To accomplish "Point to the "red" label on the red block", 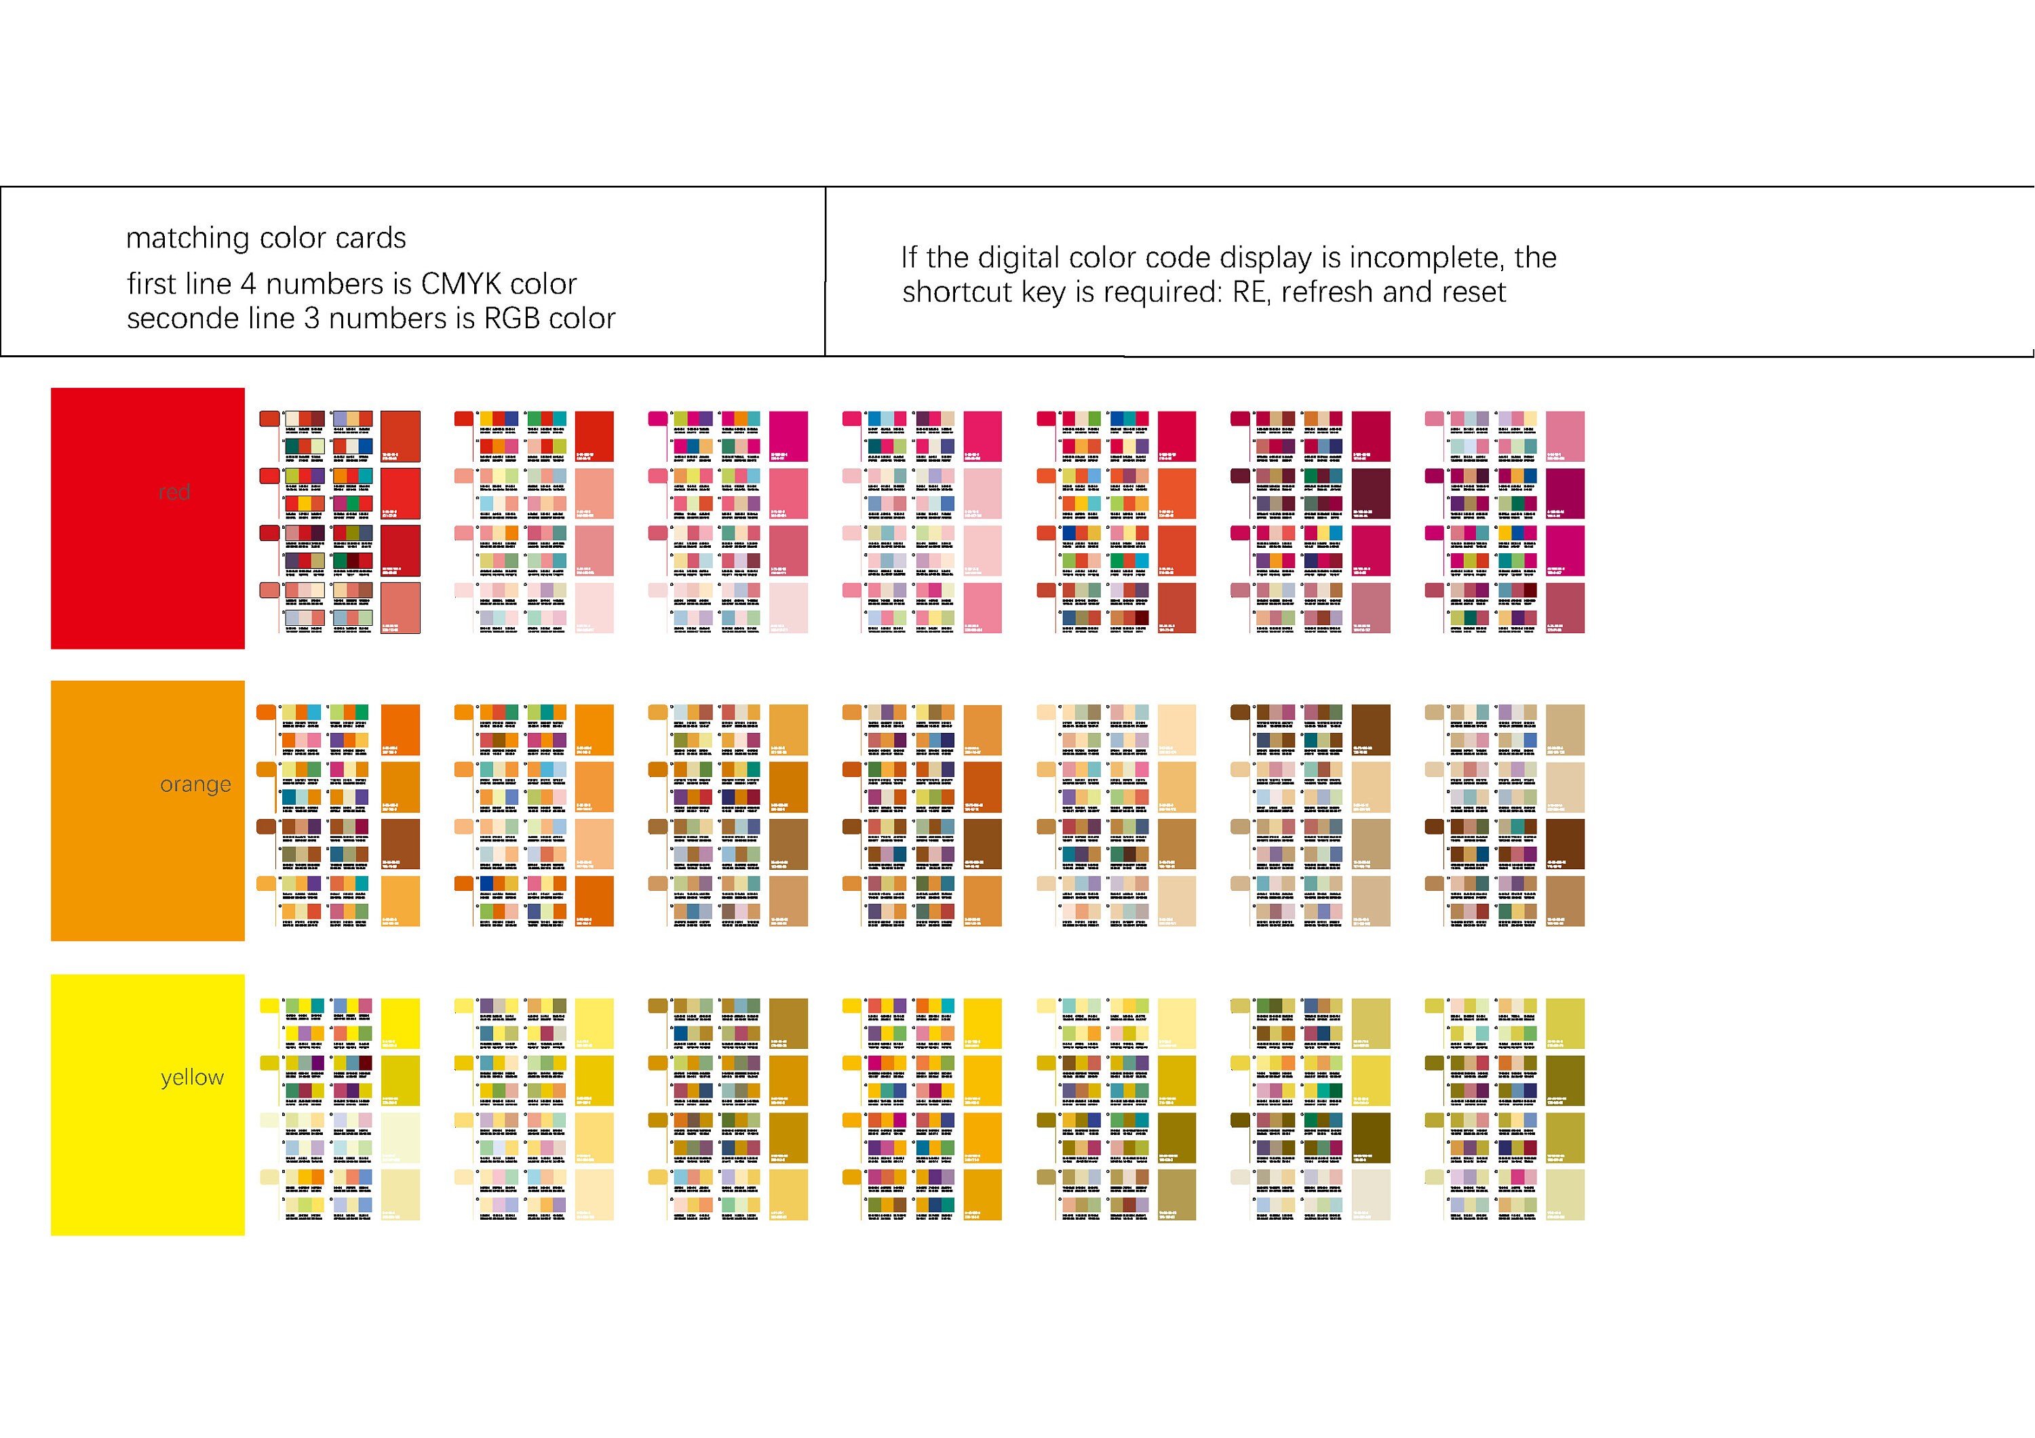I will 174,492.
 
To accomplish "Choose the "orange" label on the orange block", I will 195,785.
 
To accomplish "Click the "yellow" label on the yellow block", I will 193,1078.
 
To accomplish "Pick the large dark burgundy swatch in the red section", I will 1371,494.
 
